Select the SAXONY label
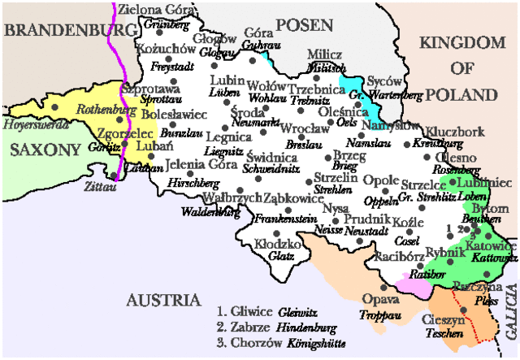45,150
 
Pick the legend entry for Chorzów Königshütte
279,344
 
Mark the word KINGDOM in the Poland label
464,42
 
